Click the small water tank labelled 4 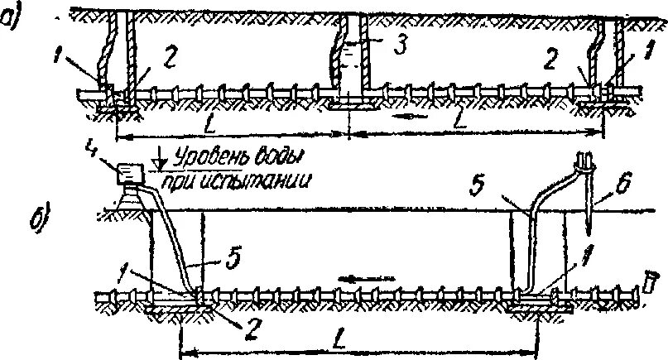[x=129, y=174]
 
